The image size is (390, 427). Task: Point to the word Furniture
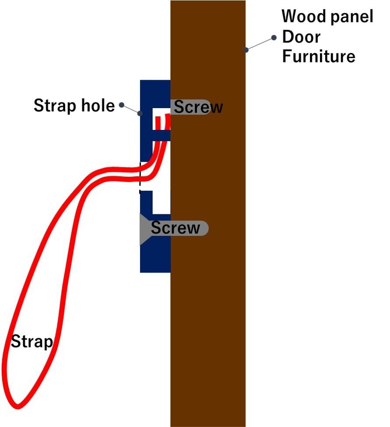click(x=319, y=56)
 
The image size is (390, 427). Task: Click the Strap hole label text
click(x=74, y=105)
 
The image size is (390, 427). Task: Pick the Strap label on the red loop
click(x=32, y=341)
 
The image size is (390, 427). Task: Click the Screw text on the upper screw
click(x=198, y=107)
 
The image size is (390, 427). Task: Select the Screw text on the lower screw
click(x=175, y=227)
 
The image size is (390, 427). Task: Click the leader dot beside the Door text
click(x=274, y=38)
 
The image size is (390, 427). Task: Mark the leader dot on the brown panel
click(x=246, y=50)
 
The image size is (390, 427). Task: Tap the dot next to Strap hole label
click(x=121, y=105)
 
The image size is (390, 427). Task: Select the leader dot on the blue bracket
click(x=140, y=114)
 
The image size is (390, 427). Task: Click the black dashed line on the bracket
click(x=140, y=177)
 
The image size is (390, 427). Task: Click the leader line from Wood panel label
click(x=260, y=44)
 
